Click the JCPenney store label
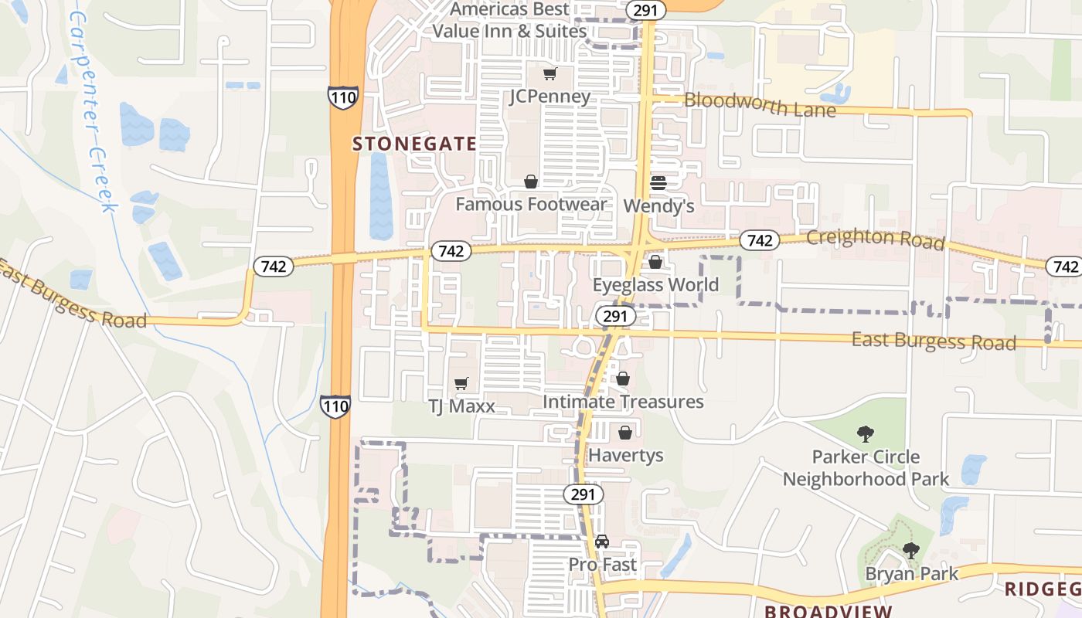click(x=550, y=97)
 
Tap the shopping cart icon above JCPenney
click(x=550, y=74)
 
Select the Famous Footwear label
click(x=531, y=204)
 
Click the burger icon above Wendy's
click(x=658, y=183)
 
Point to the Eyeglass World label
click(x=655, y=284)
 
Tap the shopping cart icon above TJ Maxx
click(x=461, y=383)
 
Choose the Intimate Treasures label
click(x=623, y=402)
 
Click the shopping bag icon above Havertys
click(x=625, y=433)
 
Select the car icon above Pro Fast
click(x=602, y=542)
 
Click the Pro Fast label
click(x=603, y=565)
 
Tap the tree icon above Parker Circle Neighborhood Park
click(x=866, y=434)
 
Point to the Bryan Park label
click(x=912, y=573)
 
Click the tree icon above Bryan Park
click(x=911, y=551)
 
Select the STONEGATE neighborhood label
click(x=414, y=144)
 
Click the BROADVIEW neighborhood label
click(x=829, y=611)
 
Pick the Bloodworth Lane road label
click(x=760, y=104)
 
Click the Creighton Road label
click(x=875, y=239)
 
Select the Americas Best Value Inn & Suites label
click(x=509, y=21)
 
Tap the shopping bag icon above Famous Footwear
click(x=531, y=182)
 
